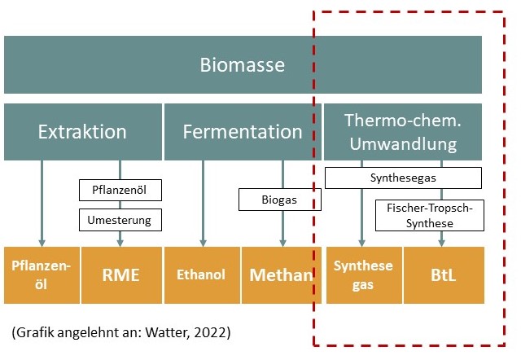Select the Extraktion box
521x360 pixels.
[x=82, y=131]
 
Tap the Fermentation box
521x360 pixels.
[x=243, y=131]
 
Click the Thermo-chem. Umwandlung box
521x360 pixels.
[x=403, y=131]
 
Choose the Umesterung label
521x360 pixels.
[x=120, y=218]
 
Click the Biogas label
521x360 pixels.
[x=280, y=199]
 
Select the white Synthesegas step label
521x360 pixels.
[x=403, y=178]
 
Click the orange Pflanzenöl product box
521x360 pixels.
[x=42, y=274]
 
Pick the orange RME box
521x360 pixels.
[x=120, y=274]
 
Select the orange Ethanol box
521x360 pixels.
[x=202, y=274]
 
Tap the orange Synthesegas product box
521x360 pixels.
[x=363, y=274]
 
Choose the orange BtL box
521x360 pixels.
[x=444, y=274]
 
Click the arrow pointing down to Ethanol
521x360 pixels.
[x=203, y=204]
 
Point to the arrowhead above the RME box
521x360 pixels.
[x=120, y=242]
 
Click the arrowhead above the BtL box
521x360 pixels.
[x=442, y=242]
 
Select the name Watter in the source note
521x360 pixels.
[x=179, y=334]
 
